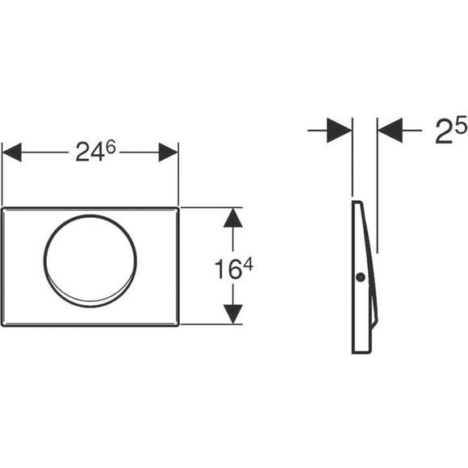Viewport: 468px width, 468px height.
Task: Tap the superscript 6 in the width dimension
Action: [x=111, y=147]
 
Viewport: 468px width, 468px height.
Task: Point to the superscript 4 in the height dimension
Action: [x=248, y=264]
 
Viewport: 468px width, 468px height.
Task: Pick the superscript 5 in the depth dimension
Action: [x=461, y=124]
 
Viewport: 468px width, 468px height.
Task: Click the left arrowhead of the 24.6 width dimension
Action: [x=11, y=153]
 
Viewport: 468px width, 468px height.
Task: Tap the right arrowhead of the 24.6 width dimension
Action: [x=169, y=153]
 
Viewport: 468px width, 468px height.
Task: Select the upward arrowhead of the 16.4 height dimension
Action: [x=233, y=218]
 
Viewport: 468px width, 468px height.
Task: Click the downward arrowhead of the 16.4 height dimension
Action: [x=233, y=315]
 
